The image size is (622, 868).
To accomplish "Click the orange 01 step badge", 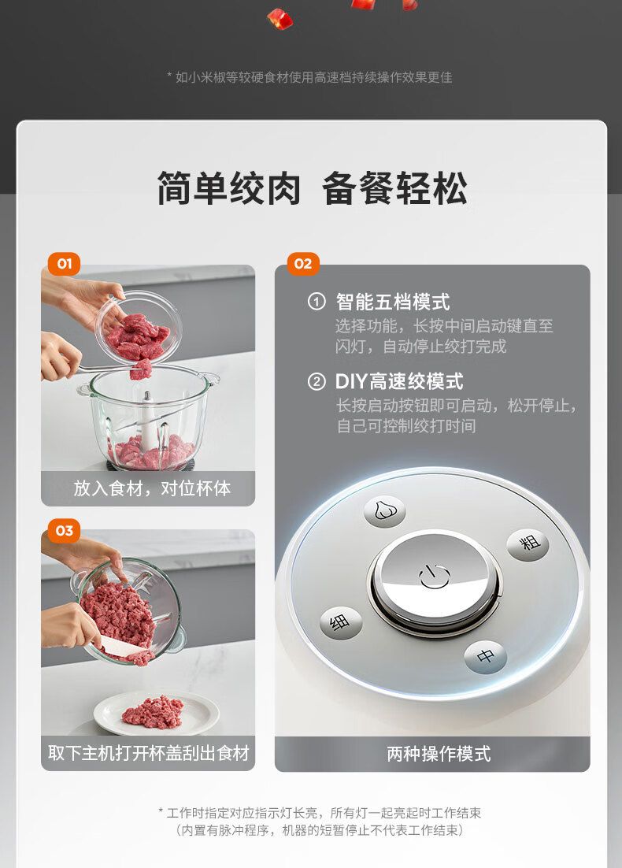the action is (65, 264).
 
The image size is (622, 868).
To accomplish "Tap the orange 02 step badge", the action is (302, 264).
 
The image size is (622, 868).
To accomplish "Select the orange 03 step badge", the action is (65, 530).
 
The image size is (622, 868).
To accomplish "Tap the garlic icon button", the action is (384, 510).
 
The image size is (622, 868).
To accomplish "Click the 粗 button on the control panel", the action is (528, 543).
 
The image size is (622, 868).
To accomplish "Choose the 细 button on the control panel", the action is (341, 623).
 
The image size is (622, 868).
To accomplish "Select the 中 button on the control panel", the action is (485, 657).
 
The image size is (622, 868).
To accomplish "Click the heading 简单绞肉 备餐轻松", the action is (312, 188).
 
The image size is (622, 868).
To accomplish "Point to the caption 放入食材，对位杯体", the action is (152, 488).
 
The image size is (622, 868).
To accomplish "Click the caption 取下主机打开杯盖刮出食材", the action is (148, 753).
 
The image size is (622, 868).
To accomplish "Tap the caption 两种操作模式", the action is (439, 754).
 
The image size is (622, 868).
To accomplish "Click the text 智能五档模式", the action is (393, 302).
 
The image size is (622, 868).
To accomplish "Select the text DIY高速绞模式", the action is (399, 381).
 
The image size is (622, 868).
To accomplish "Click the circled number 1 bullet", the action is (317, 302).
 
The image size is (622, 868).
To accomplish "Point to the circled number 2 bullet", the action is (317, 382).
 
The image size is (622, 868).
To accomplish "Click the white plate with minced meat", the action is (156, 714).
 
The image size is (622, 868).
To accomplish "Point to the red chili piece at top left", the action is (280, 19).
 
